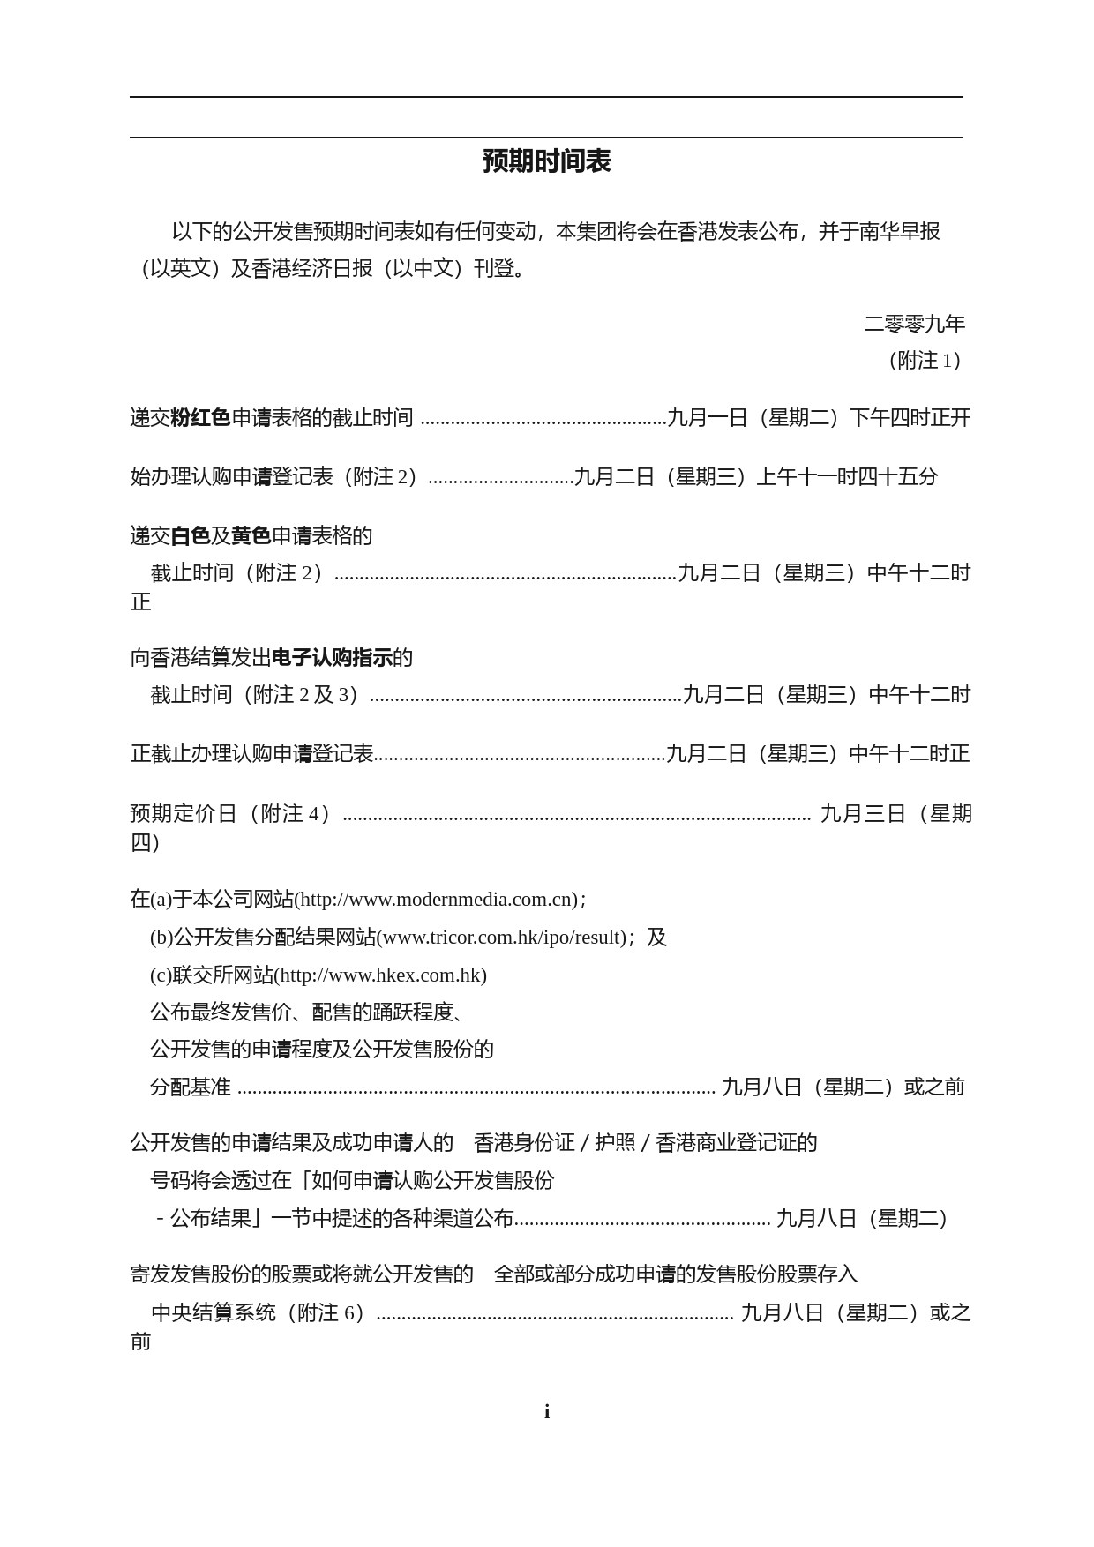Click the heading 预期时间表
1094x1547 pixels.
coord(546,161)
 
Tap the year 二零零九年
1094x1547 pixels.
coord(914,324)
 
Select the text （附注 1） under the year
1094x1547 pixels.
coord(925,360)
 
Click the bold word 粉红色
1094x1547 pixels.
coord(200,417)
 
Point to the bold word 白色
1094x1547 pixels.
coord(190,535)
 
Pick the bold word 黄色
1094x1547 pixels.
coord(251,535)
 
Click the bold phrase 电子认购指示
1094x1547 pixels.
coord(332,657)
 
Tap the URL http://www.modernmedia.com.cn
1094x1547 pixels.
coord(438,899)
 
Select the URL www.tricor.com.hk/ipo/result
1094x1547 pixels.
coord(501,937)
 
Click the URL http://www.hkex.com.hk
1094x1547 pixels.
coord(380,975)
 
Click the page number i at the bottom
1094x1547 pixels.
coord(547,1411)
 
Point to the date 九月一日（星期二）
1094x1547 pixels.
coord(756,417)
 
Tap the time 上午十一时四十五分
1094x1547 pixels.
coord(847,476)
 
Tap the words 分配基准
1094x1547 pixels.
coord(191,1087)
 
